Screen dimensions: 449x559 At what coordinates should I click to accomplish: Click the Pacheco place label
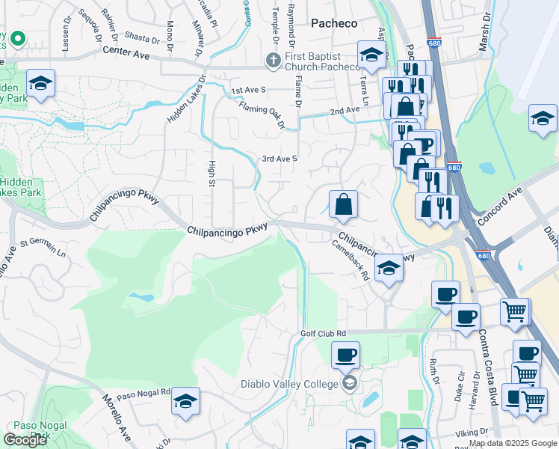pos(334,23)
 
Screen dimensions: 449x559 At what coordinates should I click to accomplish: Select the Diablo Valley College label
pos(290,385)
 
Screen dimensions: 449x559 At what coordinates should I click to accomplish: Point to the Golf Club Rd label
pos(324,332)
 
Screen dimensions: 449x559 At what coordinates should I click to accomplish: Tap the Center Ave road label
pos(127,55)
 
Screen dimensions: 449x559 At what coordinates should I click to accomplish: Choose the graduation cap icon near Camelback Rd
pos(389,268)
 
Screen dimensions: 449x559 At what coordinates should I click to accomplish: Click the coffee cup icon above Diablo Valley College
pos(345,355)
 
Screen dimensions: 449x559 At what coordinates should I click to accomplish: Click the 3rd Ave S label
pos(279,159)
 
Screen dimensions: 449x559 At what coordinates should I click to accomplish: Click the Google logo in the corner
pos(25,439)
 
